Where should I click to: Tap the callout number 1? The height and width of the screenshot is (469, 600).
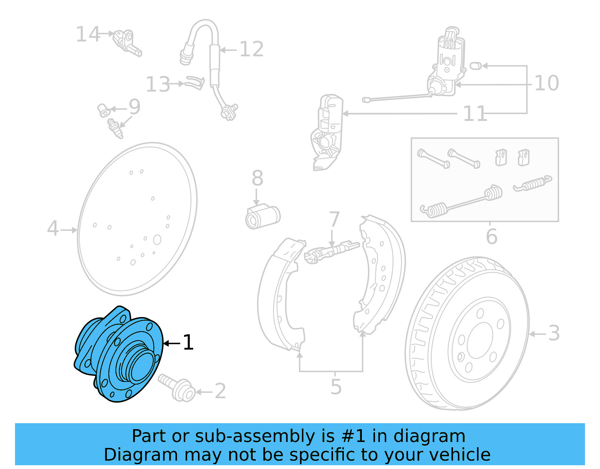click(x=188, y=342)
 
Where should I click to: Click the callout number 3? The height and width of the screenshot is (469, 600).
click(x=554, y=333)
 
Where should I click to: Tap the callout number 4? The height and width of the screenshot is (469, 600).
click(x=53, y=228)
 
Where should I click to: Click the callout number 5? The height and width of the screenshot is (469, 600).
click(x=336, y=387)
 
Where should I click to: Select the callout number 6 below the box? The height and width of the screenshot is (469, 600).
click(x=492, y=237)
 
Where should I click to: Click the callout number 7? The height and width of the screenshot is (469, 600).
click(x=334, y=219)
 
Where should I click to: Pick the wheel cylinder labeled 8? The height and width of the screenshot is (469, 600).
click(x=262, y=217)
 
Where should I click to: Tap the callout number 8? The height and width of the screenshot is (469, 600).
click(x=257, y=178)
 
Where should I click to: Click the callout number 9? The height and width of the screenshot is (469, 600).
click(x=134, y=107)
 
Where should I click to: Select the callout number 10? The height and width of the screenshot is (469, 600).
click(x=546, y=83)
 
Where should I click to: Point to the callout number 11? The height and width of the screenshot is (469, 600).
click(x=475, y=114)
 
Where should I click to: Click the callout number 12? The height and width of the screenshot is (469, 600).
click(x=251, y=49)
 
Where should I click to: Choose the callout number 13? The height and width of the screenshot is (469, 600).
click(x=158, y=84)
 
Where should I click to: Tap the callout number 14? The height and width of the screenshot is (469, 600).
click(x=88, y=34)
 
